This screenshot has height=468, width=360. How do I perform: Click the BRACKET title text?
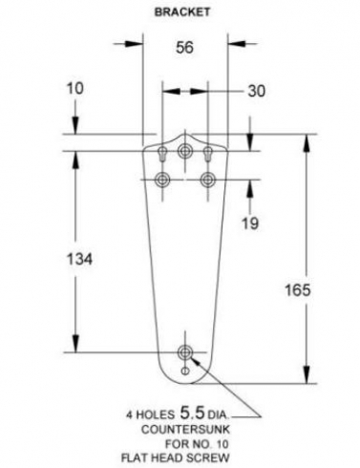(182, 12)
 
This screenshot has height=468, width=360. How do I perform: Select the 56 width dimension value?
(184, 48)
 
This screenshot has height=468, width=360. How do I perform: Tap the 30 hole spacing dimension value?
(256, 91)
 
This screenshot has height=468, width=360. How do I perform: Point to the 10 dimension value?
(74, 88)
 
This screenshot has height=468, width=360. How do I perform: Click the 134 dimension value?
(79, 259)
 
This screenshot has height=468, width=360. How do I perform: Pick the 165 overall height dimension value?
(297, 290)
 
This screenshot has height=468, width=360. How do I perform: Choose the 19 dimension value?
(250, 223)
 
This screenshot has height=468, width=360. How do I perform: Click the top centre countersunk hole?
(185, 151)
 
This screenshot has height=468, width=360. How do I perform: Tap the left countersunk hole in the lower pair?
(162, 180)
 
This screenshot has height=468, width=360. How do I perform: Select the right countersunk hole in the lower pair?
(208, 180)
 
